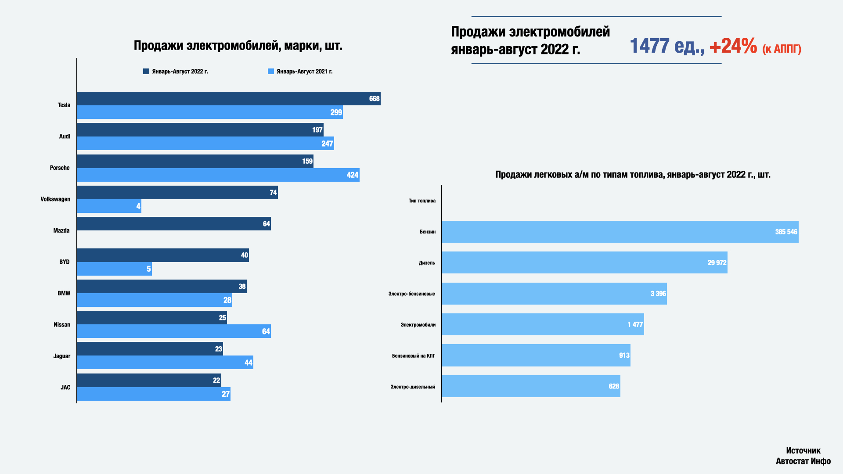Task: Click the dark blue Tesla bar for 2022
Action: [228, 98]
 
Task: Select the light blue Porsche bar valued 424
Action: [218, 175]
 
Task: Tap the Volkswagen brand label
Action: [55, 199]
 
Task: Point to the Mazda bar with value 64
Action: [173, 224]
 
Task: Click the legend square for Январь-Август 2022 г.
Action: [146, 72]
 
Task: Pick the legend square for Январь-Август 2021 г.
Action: [271, 72]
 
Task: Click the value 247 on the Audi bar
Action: [327, 144]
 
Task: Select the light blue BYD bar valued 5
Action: [114, 269]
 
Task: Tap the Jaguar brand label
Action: [61, 356]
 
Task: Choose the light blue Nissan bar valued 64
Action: [173, 331]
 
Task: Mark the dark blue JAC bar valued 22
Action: [149, 380]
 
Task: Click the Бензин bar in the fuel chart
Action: [620, 232]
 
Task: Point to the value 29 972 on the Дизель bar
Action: [717, 263]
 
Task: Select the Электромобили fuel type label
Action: [418, 325]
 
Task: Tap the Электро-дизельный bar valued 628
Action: [530, 386]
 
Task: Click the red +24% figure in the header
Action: [733, 46]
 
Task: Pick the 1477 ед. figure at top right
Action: [666, 46]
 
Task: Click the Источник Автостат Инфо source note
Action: [803, 456]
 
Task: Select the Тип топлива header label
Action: [422, 201]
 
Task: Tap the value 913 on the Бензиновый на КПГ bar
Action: [624, 355]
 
